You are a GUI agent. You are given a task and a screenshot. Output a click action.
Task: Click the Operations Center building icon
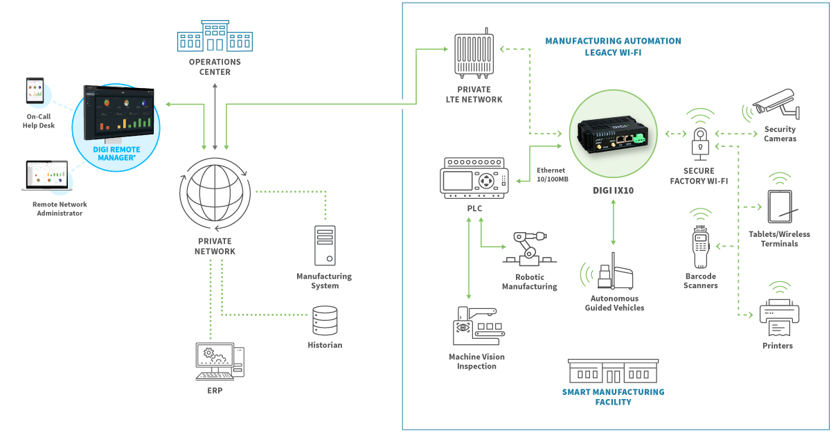pos(215,36)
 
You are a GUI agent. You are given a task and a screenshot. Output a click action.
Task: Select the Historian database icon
pos(325,321)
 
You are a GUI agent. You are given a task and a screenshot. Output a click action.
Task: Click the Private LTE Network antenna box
pos(474,55)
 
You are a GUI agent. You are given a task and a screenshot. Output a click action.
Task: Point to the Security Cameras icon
pos(776,104)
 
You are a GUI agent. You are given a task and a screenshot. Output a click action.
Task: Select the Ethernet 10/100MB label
pos(552,175)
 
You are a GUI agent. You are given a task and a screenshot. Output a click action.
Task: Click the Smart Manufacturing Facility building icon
pos(613,371)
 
